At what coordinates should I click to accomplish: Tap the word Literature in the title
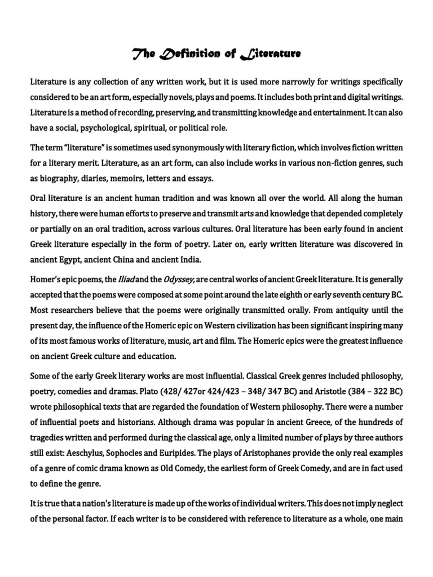(270, 54)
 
